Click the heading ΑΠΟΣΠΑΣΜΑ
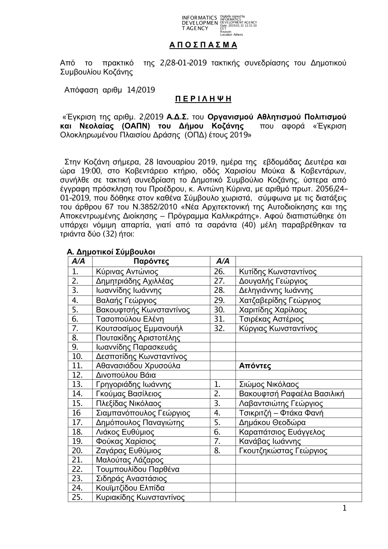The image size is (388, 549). pos(203,45)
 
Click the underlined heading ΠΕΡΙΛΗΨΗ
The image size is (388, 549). pos(203,99)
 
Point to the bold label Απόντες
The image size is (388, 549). pos(255,366)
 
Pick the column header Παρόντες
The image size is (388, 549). pos(151,261)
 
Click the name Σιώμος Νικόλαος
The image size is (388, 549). pos(269,385)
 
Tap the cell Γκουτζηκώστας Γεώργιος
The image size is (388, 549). pos(283,451)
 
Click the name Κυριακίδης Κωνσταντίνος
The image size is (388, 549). pos(140,497)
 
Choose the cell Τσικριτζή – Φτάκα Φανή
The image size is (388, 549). pos(281,413)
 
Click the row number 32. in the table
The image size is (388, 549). pos(219,328)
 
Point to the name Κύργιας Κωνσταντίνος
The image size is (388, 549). pos(278,328)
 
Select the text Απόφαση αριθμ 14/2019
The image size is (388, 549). pos(109,90)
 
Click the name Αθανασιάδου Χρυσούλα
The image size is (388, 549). pos(138,366)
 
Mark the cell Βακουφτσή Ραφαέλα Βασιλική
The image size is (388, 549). pos(291,394)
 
